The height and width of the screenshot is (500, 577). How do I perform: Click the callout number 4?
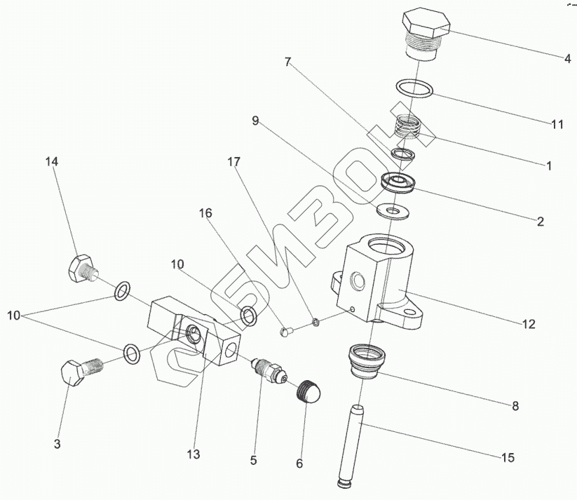click(x=567, y=59)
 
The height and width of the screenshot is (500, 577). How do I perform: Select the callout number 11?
click(x=557, y=124)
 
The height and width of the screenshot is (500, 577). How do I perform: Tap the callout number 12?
click(x=528, y=324)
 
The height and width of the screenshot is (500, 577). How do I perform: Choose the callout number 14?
click(x=52, y=161)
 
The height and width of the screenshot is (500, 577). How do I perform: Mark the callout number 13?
click(x=194, y=454)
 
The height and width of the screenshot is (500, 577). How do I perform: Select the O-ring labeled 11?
click(x=414, y=89)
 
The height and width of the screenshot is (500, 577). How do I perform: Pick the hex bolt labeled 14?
click(x=82, y=269)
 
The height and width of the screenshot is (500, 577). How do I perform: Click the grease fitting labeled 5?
click(x=269, y=370)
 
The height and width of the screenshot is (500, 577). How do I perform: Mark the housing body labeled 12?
click(x=382, y=281)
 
